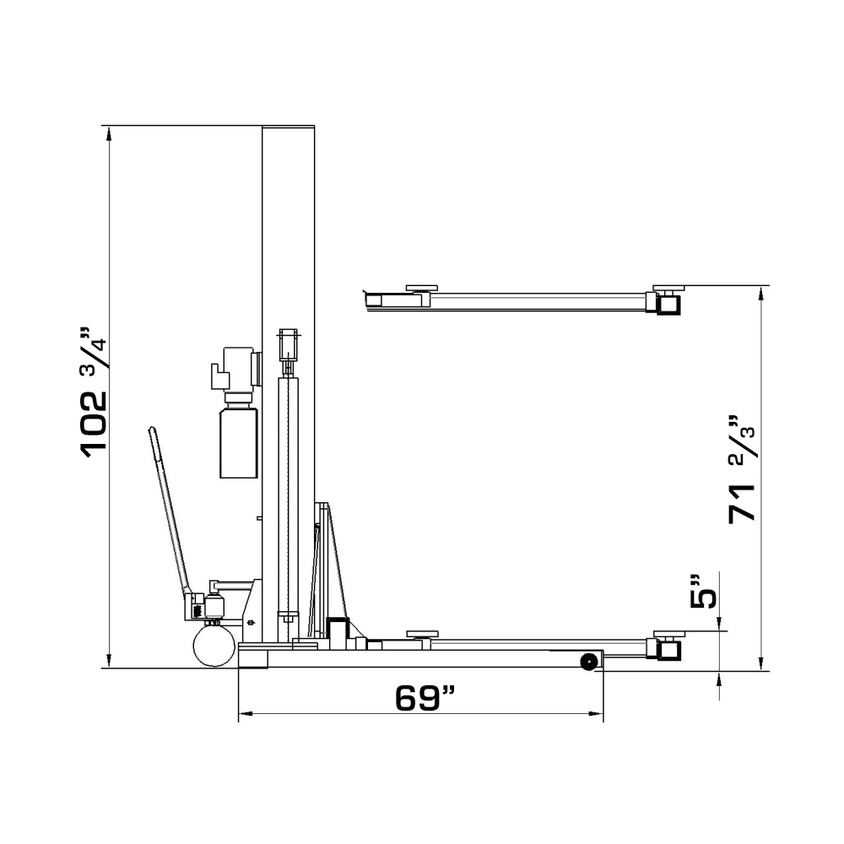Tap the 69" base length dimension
coord(425,698)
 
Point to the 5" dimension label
coord(702,590)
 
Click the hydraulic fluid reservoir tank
coord(238,441)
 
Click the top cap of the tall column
coord(289,127)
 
